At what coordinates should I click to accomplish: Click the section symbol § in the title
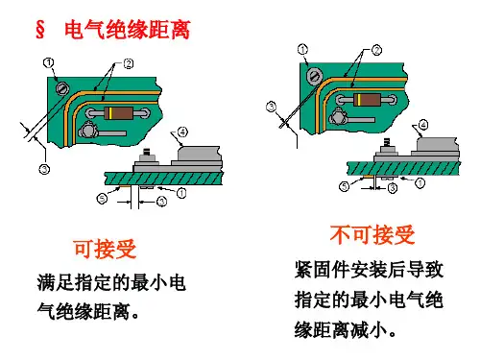40,30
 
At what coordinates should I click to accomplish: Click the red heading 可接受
106,249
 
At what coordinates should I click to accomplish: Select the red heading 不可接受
372,234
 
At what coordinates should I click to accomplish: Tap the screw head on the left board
62,87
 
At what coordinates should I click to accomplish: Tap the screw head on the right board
314,76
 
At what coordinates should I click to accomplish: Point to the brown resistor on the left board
118,113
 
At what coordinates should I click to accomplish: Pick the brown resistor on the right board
367,100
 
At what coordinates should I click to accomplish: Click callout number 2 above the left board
129,64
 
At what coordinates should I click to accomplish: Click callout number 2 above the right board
376,50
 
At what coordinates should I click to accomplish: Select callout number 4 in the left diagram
182,132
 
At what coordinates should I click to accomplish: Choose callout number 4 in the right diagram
423,125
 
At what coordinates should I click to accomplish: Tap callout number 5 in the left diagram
102,199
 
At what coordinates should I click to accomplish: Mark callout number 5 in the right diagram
344,186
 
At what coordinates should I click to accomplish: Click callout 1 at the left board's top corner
48,62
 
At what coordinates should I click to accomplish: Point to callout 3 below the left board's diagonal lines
44,169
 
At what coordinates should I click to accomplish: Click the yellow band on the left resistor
110,113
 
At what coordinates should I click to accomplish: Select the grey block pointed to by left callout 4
199,154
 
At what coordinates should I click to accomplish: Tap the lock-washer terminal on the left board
88,131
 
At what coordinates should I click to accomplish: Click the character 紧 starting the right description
303,270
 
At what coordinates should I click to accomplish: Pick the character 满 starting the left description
46,282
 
